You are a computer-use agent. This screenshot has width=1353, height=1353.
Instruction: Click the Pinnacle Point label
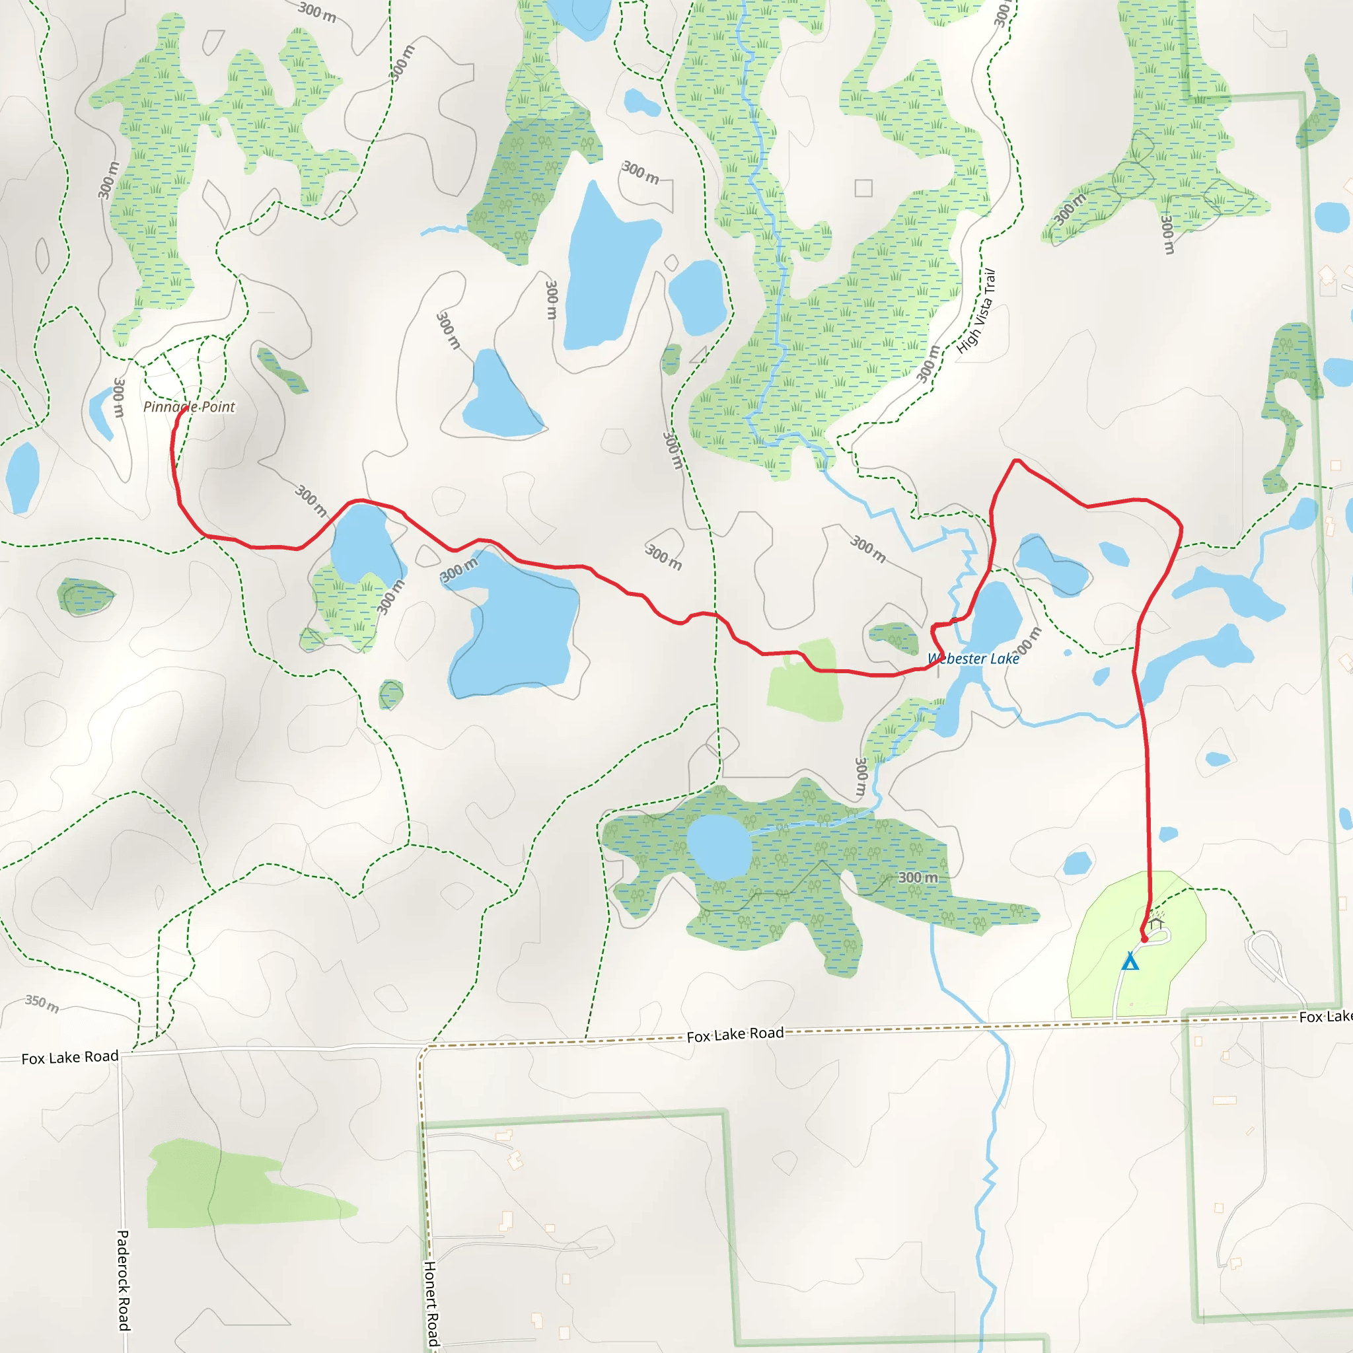pos(189,407)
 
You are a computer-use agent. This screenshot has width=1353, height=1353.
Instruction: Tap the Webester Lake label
pos(972,659)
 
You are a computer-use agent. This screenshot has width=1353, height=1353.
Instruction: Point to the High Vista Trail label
pos(976,311)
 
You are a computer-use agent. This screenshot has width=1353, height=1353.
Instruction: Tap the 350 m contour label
pos(42,1004)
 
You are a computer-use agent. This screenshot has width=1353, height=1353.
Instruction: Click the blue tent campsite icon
pos(1130,961)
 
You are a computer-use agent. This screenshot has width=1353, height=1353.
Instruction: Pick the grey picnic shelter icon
pos(1155,922)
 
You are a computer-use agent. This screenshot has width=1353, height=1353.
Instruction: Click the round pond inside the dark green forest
pos(719,847)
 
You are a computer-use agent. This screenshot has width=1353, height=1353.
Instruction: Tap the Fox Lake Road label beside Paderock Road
pos(70,1058)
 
